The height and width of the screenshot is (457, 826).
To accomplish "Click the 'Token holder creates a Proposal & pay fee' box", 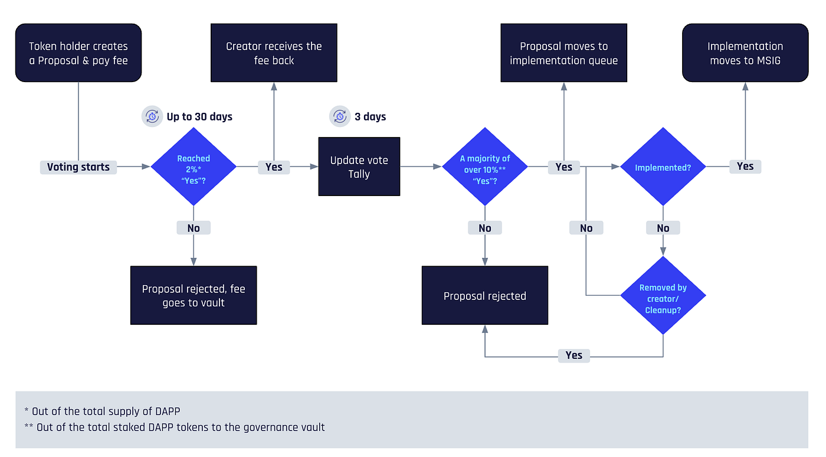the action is click(78, 53).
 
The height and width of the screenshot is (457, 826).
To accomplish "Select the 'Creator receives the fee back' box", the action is click(274, 53).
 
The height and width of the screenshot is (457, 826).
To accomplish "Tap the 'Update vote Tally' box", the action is click(359, 167).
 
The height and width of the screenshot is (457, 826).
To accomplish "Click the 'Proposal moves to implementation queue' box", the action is click(563, 53).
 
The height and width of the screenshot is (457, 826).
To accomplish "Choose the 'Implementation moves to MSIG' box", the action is click(745, 53).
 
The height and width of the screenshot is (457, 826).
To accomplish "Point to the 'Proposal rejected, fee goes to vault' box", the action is click(194, 295).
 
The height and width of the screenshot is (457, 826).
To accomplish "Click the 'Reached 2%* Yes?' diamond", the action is click(194, 167).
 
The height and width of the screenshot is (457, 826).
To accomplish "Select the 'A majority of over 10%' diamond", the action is click(485, 167).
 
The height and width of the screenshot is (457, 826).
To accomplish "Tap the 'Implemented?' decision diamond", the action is click(663, 167).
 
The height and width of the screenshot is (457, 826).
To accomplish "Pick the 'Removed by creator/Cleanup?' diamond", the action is click(663, 295).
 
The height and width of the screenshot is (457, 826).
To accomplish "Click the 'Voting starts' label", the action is click(78, 167).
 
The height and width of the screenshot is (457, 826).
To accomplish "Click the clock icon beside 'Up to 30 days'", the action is click(152, 116).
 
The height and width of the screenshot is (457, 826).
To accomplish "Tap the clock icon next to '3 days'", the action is click(340, 116).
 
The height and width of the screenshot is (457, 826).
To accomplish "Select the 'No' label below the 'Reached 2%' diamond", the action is click(194, 228).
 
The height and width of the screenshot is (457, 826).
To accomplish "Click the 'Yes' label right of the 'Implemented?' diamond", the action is click(745, 167).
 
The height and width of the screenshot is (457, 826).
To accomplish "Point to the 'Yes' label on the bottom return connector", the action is click(573, 355).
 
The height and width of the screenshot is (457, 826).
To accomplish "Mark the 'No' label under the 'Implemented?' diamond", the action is click(663, 228).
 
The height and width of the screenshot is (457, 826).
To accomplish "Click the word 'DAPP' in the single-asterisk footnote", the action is click(168, 411).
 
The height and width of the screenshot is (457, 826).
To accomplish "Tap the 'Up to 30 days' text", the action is click(199, 117).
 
